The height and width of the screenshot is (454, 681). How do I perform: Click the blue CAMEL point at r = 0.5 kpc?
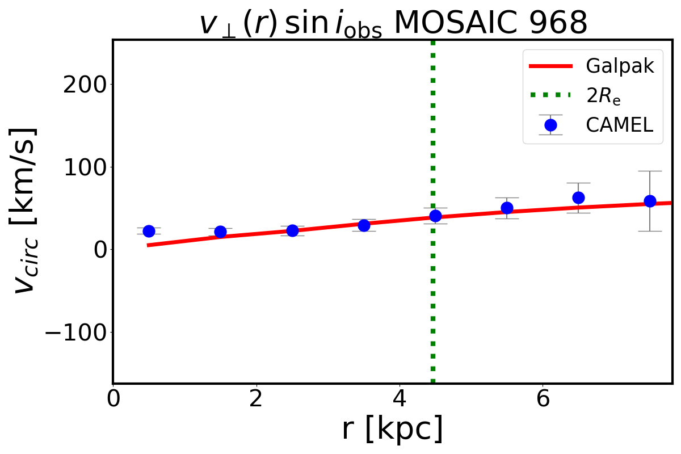149,231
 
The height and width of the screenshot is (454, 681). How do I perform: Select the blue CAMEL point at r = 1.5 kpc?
220,232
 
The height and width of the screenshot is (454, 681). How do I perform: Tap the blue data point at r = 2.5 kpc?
292,230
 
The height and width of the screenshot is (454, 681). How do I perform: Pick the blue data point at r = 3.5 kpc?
364,225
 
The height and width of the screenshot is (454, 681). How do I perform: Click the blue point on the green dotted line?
435,216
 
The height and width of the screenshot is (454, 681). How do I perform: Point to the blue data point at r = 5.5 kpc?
507,208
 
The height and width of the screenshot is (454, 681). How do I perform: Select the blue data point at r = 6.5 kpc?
578,197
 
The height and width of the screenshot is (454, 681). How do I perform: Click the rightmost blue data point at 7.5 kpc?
650,201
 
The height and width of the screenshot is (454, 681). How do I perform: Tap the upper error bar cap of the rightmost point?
650,171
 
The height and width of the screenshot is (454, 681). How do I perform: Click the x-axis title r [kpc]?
392,429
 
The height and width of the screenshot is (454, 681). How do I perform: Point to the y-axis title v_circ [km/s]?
26,210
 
